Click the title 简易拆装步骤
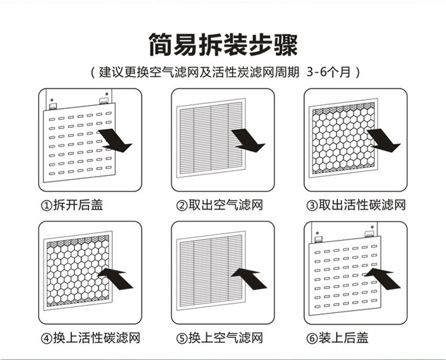222,45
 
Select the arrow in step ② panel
247,140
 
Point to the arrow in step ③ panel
384,140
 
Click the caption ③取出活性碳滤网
356,205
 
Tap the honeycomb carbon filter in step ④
74,273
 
